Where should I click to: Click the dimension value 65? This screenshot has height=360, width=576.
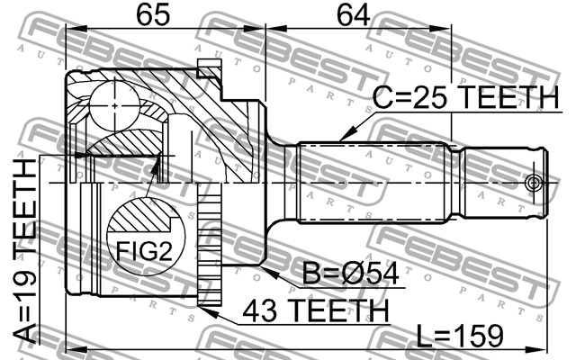click(x=153, y=15)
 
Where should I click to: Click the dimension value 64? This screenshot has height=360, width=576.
click(x=353, y=15)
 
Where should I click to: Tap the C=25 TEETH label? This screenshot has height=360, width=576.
click(x=465, y=97)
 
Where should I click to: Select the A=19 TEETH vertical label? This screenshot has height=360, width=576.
click(x=25, y=251)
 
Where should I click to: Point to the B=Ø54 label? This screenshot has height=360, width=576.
click(x=350, y=274)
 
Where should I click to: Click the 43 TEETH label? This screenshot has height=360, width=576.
click(x=315, y=310)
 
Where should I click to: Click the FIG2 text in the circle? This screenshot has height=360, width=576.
click(x=144, y=251)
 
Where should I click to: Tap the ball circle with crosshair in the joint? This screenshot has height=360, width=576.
click(x=115, y=106)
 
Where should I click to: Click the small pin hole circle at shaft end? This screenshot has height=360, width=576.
click(x=533, y=183)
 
